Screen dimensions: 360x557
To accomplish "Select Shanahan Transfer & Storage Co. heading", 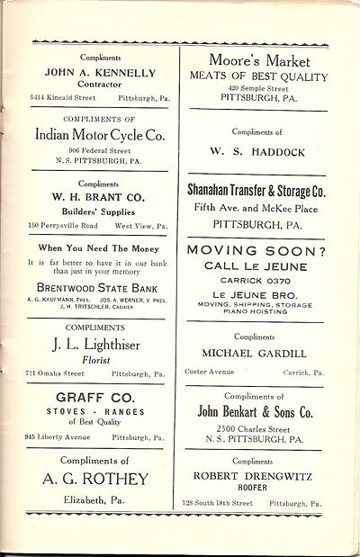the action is pyautogui.click(x=267, y=193).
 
